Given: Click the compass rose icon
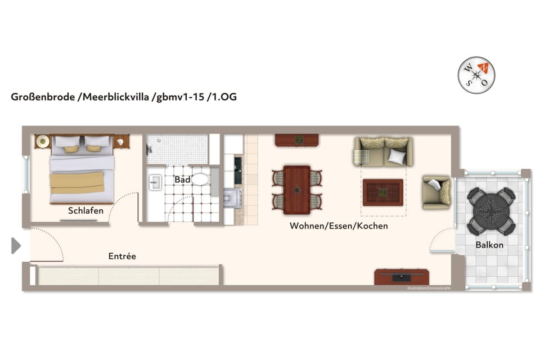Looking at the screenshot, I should (476, 75).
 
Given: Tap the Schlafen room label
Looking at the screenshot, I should (85, 211).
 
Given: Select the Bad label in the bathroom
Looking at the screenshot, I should (182, 180).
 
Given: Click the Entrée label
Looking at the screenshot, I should (122, 256).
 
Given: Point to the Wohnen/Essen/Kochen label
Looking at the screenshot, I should (339, 226).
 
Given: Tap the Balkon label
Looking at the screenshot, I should (489, 245).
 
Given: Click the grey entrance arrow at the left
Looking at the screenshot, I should (16, 245).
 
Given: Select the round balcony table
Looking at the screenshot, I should (491, 210).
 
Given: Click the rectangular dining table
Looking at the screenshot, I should (296, 190).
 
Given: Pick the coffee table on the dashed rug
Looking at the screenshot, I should (382, 192).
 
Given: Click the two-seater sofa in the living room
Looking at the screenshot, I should (383, 151).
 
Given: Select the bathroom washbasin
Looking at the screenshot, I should (155, 182).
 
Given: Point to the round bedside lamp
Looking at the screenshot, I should (42, 142).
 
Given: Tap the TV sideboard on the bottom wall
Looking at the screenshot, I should (402, 277).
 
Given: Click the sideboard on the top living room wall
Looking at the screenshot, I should (296, 139).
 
